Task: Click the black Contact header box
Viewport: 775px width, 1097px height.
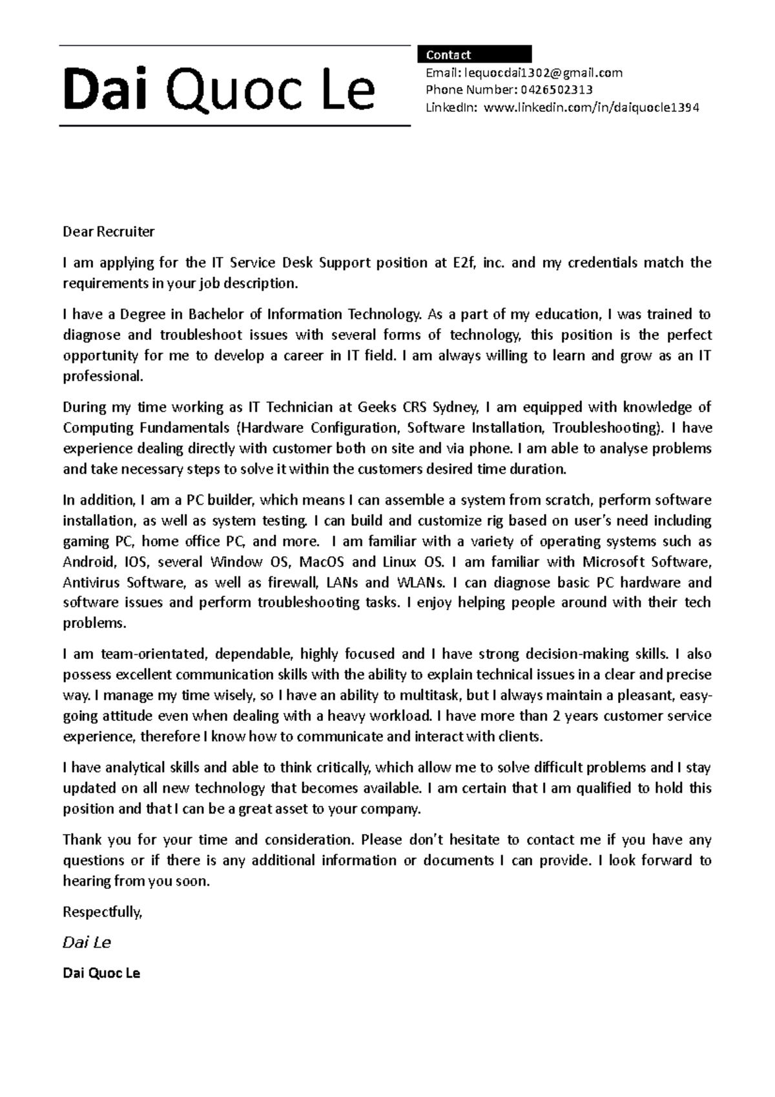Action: pos(475,54)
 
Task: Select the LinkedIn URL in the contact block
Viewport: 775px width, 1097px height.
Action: pos(590,107)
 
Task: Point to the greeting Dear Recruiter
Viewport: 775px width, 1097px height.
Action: pos(108,231)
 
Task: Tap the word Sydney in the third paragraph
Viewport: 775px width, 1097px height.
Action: pos(455,407)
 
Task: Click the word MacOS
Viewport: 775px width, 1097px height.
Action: pos(322,561)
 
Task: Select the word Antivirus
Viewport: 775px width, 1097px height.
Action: pos(91,582)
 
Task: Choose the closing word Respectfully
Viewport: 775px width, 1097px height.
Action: pos(102,912)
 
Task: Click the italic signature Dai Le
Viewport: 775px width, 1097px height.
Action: pos(87,943)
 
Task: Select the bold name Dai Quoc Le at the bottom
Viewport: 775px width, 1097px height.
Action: pos(101,973)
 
